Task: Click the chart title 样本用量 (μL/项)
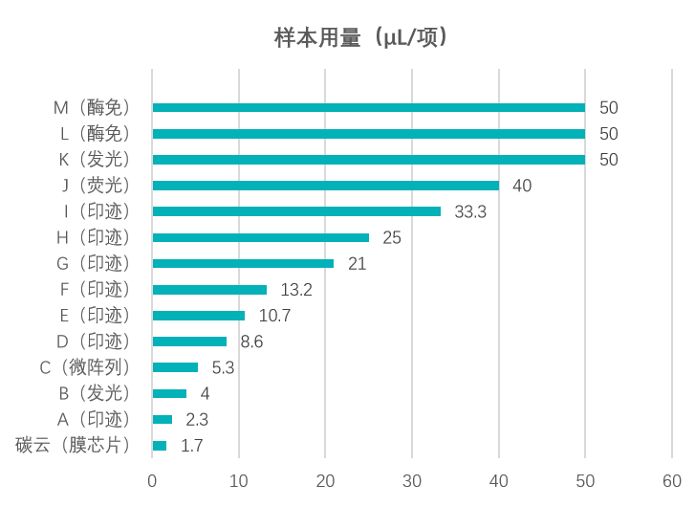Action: (361, 37)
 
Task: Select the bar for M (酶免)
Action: (368, 108)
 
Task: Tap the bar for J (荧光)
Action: (325, 186)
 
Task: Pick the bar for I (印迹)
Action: (296, 211)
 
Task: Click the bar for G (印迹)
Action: (243, 263)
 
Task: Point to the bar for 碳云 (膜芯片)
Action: (159, 446)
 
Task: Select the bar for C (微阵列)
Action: (175, 367)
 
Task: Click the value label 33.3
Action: (470, 211)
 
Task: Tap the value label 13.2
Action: (296, 289)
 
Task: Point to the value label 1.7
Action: (191, 446)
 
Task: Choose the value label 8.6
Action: (251, 342)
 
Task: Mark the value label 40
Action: (522, 186)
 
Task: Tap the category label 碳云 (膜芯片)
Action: (73, 446)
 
